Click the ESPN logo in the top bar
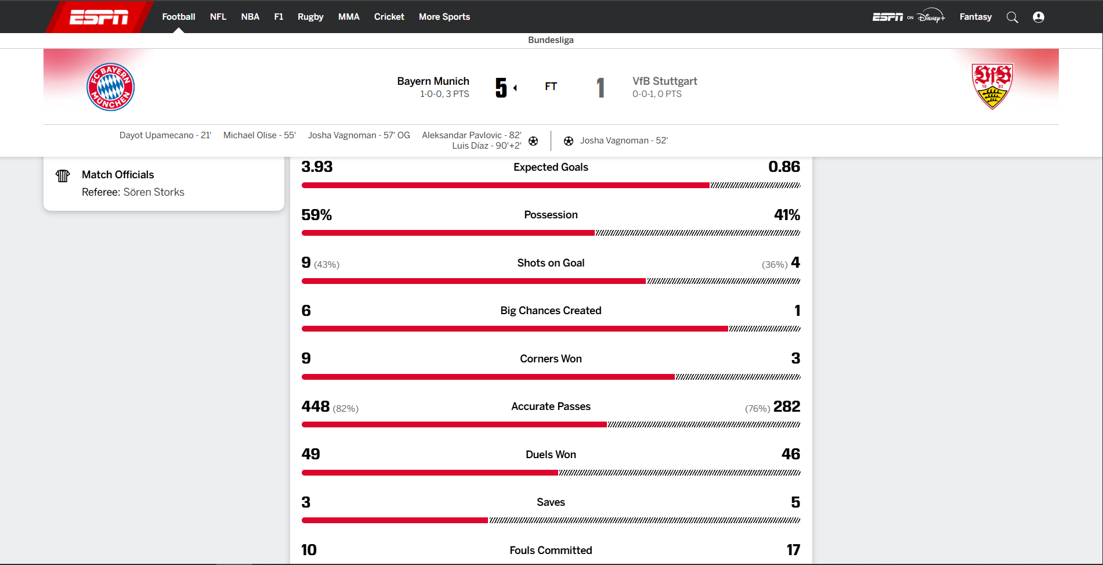pos(99,17)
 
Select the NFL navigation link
pos(218,17)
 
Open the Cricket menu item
pos(389,17)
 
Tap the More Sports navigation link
pos(444,17)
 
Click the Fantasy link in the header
pos(975,17)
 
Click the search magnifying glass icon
pos(1012,17)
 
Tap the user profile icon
pos(1039,17)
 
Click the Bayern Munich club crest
pos(110,87)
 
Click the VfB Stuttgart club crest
pos(993,87)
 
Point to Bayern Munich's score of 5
pos(501,88)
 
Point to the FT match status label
pos(551,87)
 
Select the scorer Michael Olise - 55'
pos(259,135)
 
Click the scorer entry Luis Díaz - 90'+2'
pos(486,146)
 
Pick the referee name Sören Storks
pos(154,192)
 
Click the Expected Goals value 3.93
pos(317,167)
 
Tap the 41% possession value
pos(787,215)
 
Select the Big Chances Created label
pos(551,311)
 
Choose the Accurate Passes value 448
pos(316,406)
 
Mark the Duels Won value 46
pos(790,454)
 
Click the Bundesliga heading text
pos(551,40)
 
